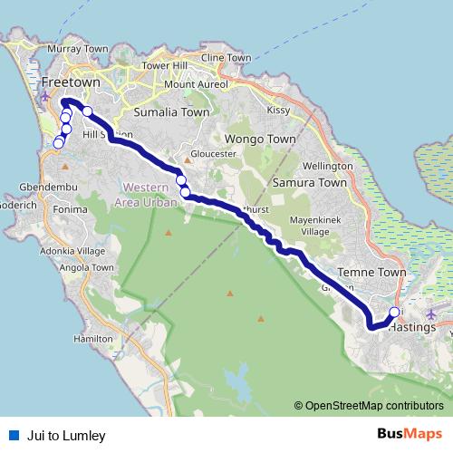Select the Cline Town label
point(226,58)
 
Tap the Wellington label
point(327,168)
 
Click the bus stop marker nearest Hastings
point(394,313)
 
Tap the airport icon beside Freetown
point(46,96)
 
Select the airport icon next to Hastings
point(430,314)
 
